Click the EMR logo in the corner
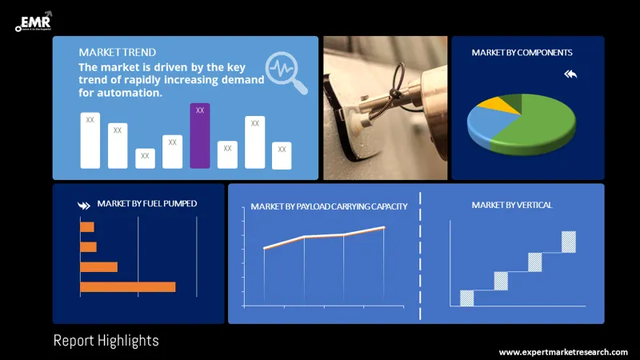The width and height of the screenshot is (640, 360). point(33,21)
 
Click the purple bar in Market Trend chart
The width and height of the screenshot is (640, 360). point(200,136)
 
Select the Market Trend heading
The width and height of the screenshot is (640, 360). point(118,53)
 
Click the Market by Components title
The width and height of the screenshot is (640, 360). point(522,53)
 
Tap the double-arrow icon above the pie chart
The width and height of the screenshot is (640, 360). point(570,74)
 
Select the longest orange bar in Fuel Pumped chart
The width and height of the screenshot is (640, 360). point(127,286)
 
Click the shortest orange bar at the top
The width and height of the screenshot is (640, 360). point(87,227)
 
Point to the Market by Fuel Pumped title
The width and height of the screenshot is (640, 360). point(146,203)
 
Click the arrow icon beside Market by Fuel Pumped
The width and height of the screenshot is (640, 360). point(84,205)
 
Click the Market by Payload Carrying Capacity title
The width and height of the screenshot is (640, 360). point(329,206)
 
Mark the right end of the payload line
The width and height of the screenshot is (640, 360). point(384,228)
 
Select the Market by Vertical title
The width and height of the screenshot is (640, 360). point(511,206)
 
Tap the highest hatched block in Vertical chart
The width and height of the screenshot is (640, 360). point(568,242)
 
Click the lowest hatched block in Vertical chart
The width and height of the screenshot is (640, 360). point(466,298)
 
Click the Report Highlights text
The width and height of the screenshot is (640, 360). point(106,341)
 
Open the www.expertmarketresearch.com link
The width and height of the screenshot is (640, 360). point(563,352)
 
